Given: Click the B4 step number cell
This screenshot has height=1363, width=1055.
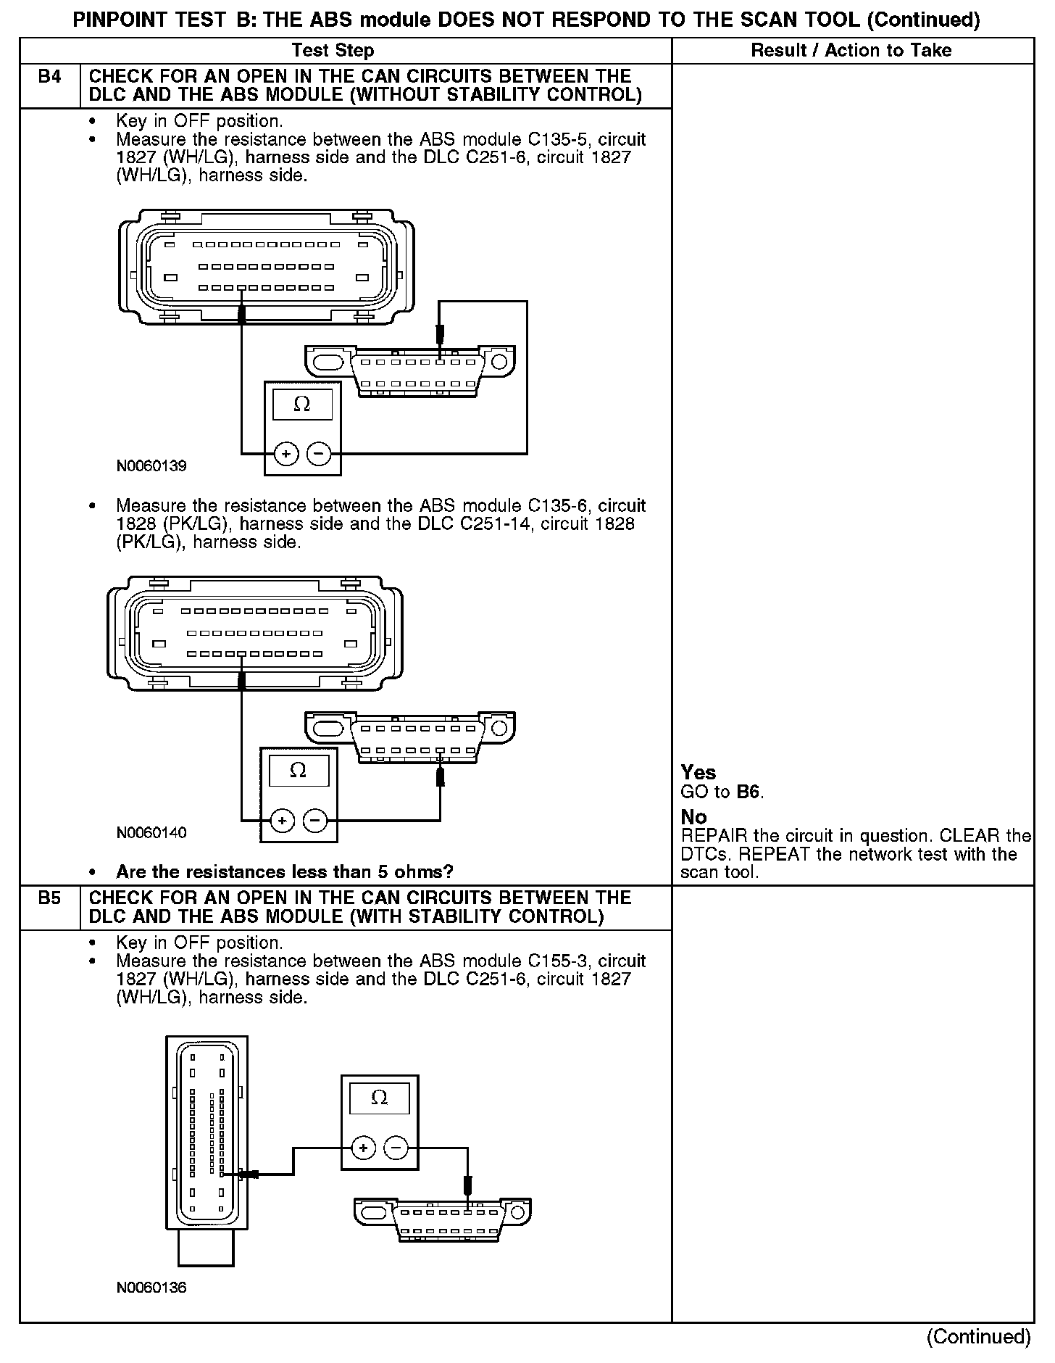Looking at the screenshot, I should point(49,77).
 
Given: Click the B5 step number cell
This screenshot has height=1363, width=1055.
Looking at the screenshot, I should point(49,898).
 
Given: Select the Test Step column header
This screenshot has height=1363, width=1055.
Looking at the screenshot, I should point(333,51).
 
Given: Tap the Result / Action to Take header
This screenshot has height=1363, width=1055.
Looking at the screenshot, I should point(851,51).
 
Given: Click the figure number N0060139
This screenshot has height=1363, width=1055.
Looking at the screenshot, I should point(151,466).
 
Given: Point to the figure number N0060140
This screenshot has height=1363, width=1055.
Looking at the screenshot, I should point(151,833).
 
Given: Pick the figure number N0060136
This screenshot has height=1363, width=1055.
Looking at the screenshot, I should point(151,1288).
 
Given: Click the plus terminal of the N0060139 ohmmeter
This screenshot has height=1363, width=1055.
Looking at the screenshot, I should point(286,454).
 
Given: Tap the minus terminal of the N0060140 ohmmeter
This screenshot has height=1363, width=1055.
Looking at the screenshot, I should point(315,821).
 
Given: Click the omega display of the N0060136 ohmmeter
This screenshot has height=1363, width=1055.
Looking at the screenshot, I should point(379,1098).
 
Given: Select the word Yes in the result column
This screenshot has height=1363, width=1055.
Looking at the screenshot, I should point(699,773).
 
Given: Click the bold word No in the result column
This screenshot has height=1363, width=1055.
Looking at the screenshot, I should point(693,817).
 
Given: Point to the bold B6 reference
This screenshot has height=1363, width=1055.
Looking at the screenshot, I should point(748,792).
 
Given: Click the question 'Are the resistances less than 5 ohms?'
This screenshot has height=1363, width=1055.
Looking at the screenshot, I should point(285,871).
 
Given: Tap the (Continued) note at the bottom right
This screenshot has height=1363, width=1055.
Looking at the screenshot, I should point(978,1336).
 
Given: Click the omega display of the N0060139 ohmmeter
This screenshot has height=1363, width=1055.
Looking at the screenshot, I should point(302,405).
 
